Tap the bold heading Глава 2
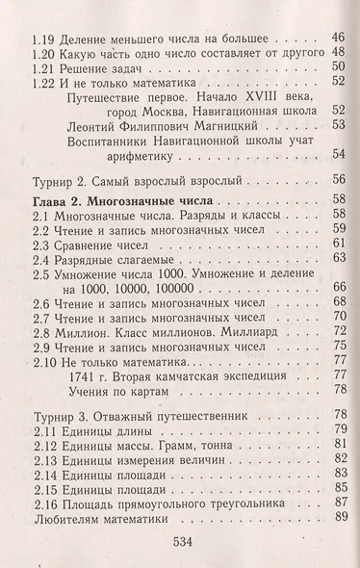[x=57, y=204]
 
